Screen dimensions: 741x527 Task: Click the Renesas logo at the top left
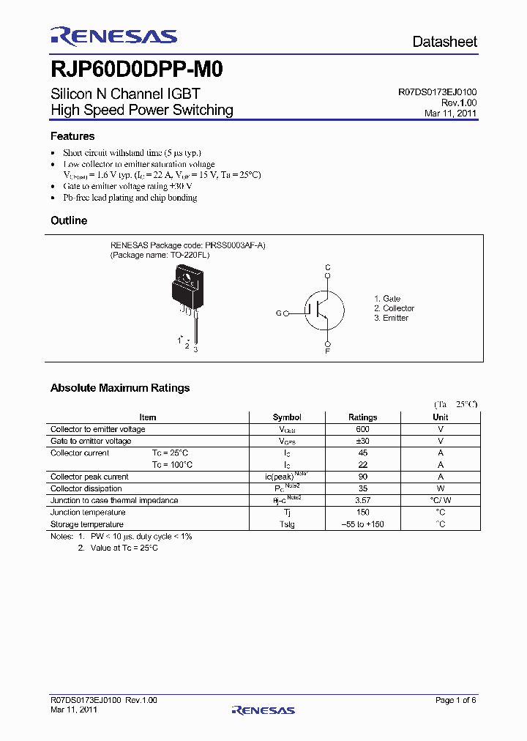113,37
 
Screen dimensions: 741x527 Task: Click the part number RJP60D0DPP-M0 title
137,70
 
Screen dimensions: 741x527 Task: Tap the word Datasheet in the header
444,42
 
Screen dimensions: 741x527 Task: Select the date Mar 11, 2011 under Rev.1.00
450,113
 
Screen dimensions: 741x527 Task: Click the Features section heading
72,136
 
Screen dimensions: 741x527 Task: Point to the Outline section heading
69,220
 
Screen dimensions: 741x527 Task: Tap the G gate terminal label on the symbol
278,313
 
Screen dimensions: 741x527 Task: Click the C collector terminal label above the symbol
328,268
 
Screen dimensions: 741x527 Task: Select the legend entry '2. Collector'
394,308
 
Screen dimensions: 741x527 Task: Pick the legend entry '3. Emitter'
391,318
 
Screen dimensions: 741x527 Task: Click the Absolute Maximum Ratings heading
120,388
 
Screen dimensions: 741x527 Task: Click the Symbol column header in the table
287,417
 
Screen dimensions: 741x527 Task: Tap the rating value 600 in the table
363,429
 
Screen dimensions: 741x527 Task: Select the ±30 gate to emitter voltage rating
363,441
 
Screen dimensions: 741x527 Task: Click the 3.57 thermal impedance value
363,501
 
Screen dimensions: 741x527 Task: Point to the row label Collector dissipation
86,488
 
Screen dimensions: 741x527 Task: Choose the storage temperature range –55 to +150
363,524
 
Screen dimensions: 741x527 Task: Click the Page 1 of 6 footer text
455,701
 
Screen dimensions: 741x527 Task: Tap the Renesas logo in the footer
263,710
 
